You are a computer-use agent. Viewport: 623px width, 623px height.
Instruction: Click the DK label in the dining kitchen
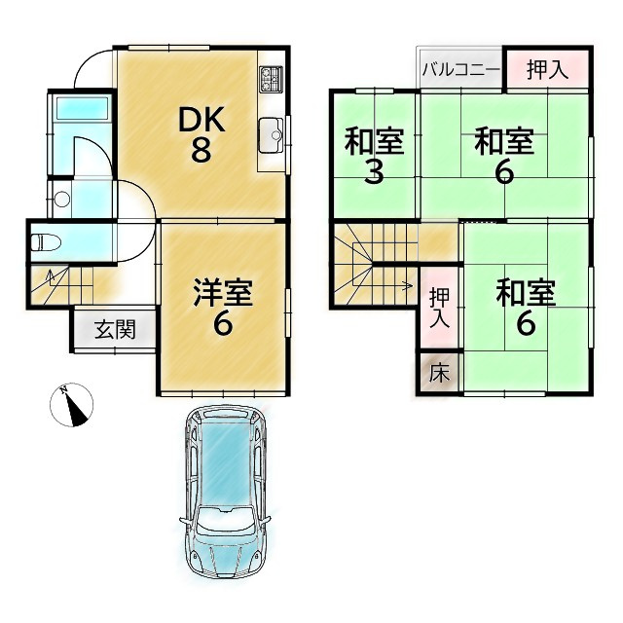click(202, 121)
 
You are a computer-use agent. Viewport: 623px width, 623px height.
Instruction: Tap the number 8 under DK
click(202, 152)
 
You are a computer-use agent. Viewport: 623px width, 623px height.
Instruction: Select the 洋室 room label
click(223, 290)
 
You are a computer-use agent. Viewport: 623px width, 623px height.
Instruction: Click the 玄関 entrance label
click(115, 329)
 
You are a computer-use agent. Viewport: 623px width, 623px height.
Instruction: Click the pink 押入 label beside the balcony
click(548, 70)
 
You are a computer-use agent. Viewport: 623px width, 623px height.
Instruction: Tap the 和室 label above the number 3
click(374, 142)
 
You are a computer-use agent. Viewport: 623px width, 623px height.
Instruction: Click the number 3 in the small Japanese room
click(374, 173)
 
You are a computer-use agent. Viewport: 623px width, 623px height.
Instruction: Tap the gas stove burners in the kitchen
click(271, 79)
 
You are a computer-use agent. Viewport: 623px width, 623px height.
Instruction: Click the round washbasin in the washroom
click(61, 201)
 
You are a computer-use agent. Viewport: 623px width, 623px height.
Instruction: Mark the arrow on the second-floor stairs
click(407, 285)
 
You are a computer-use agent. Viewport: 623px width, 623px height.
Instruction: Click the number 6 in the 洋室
click(223, 324)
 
